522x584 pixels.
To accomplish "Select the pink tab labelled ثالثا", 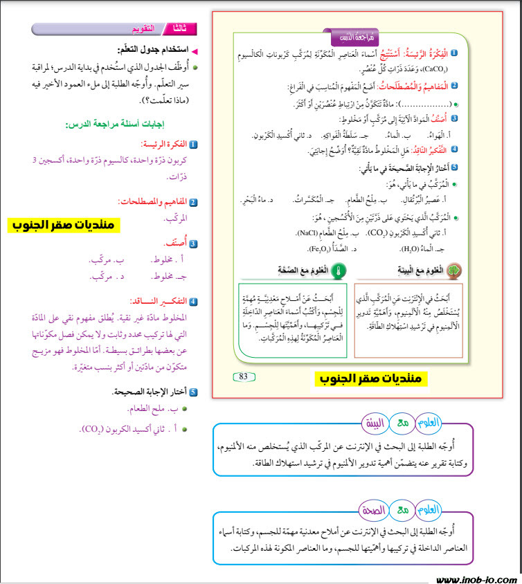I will click(x=183, y=29).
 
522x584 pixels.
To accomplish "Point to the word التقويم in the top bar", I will click(x=143, y=29).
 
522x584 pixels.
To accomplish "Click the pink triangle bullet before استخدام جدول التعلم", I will click(x=195, y=51).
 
